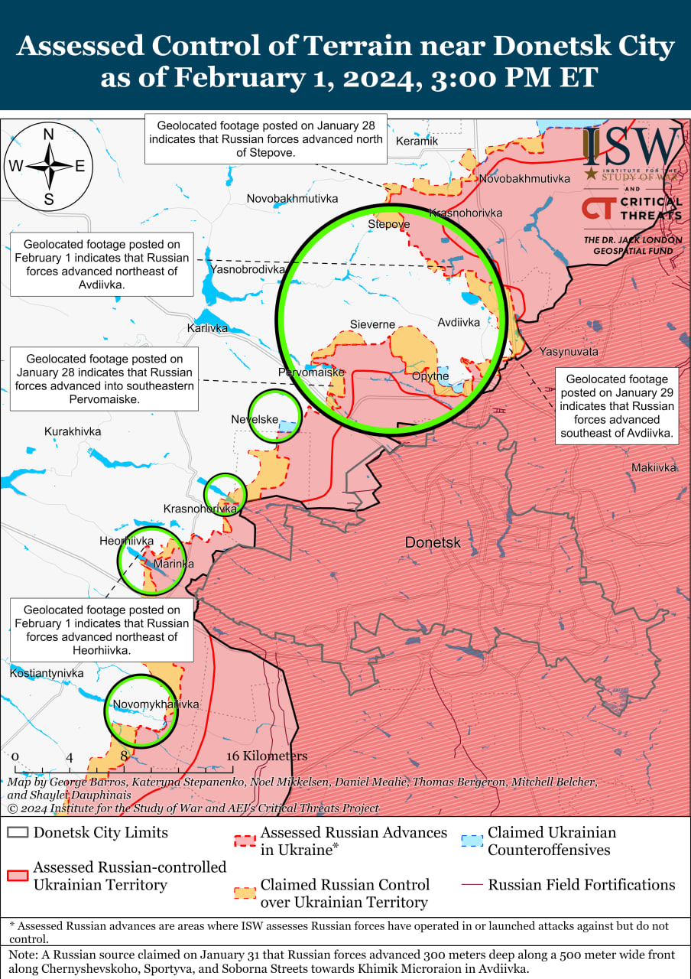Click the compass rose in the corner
(x=48, y=166)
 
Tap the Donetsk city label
(x=433, y=542)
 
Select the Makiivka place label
(x=654, y=467)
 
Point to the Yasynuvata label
(x=569, y=352)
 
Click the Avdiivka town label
(x=459, y=322)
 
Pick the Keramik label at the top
(x=417, y=141)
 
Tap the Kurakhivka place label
(x=73, y=431)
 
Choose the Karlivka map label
(x=207, y=328)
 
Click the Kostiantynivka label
(x=47, y=673)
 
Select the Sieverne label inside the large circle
(x=372, y=324)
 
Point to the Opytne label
(x=430, y=376)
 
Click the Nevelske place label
(x=255, y=419)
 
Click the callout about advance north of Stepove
(x=265, y=139)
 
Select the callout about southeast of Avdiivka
(x=617, y=405)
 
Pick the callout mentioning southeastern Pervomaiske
(x=104, y=379)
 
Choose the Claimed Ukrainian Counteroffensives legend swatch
(x=472, y=841)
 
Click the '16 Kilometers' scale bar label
(x=267, y=756)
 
